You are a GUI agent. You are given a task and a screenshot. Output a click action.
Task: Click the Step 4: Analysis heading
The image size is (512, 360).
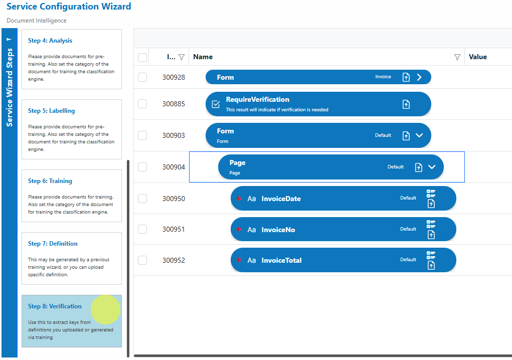pos(50,41)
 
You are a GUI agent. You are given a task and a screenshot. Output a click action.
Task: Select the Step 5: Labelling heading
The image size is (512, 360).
pos(51,111)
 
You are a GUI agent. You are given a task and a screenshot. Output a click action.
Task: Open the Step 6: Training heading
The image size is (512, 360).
pos(50,181)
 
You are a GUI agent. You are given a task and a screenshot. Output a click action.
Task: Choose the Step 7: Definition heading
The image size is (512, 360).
pos(53,244)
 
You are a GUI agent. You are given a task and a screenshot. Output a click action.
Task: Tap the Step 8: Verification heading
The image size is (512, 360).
pos(55,306)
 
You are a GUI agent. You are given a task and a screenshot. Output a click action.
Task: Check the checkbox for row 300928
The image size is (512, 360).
pos(142,77)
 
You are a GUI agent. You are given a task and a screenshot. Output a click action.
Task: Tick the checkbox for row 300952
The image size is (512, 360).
pos(142,260)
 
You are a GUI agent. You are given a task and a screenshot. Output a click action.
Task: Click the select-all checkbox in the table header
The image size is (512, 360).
pos(142,58)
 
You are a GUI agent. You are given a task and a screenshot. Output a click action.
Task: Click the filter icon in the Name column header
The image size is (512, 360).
pos(457,57)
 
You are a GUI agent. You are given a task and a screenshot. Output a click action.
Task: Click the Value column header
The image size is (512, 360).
pos(478,57)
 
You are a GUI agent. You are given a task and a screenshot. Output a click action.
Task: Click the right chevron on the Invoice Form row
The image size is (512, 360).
pos(419,77)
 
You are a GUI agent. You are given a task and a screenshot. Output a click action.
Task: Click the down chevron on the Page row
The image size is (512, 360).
pos(432,167)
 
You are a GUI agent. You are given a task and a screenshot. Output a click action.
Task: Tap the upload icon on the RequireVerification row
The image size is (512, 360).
pos(406,104)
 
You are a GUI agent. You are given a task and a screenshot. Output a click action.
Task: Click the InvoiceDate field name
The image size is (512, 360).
pos(281,199)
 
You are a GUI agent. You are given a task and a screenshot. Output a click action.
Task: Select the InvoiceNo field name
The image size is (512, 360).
pos(278,230)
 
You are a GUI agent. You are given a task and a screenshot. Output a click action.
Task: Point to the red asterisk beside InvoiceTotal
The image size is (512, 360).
pos(239,260)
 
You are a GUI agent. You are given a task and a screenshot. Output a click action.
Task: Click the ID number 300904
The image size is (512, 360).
pos(174,167)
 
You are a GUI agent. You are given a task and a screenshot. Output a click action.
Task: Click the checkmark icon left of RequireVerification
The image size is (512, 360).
pos(216,104)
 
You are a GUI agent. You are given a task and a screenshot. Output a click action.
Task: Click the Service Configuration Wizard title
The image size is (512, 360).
pos(69,7)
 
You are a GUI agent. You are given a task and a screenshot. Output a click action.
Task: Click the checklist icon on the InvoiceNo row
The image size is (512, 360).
pos(431,224)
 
